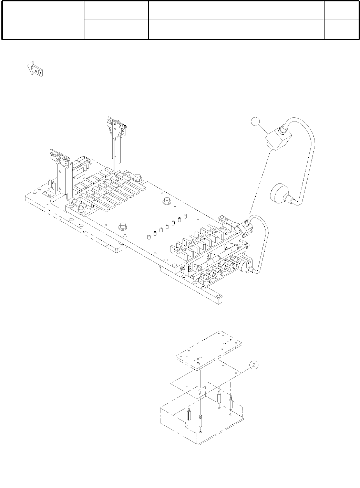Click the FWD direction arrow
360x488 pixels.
[x=35, y=70]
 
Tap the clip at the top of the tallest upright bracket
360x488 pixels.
[x=116, y=125]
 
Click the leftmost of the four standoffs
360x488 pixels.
[x=189, y=414]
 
